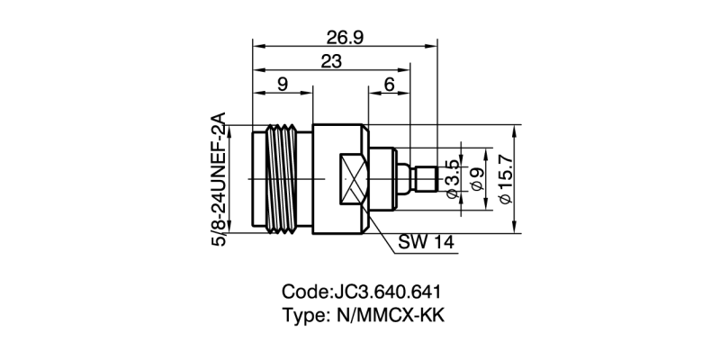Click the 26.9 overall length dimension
(x=346, y=36)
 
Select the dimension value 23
(x=332, y=61)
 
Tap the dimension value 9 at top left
(x=282, y=85)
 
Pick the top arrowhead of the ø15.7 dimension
(x=516, y=129)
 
